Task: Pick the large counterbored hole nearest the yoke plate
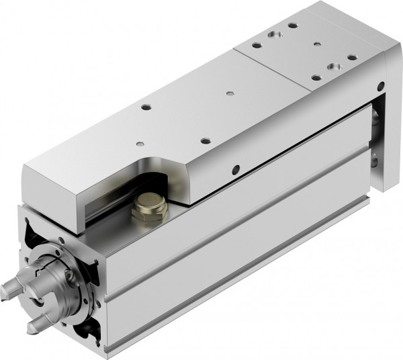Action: [x=331, y=68]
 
